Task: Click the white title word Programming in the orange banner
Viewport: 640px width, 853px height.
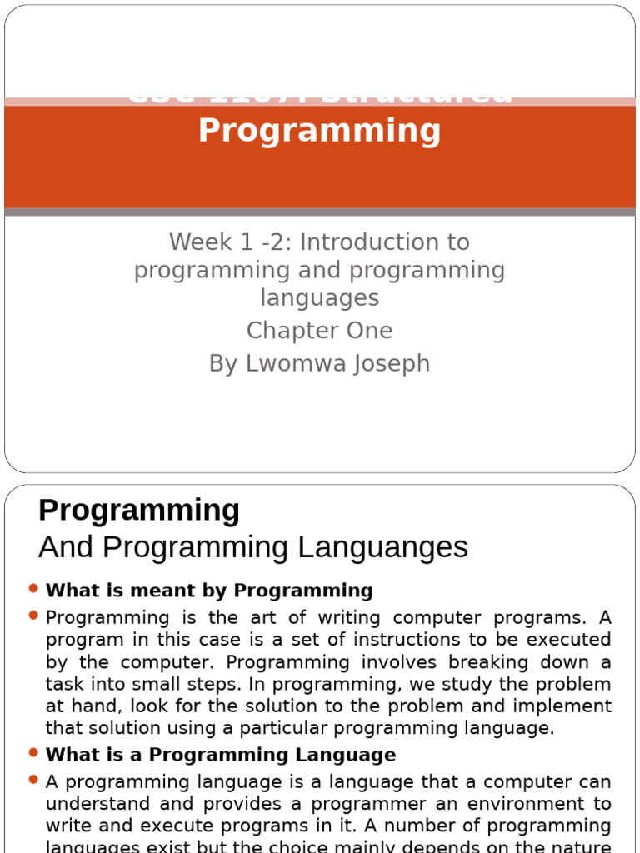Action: (x=319, y=131)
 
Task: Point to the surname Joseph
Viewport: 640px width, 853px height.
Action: (x=391, y=364)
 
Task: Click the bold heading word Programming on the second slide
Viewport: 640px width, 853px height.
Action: (x=139, y=510)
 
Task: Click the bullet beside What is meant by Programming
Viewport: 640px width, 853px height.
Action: (x=33, y=589)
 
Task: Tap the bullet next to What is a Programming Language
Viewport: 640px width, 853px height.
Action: (x=33, y=753)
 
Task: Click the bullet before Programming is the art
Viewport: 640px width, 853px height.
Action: (x=33, y=616)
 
